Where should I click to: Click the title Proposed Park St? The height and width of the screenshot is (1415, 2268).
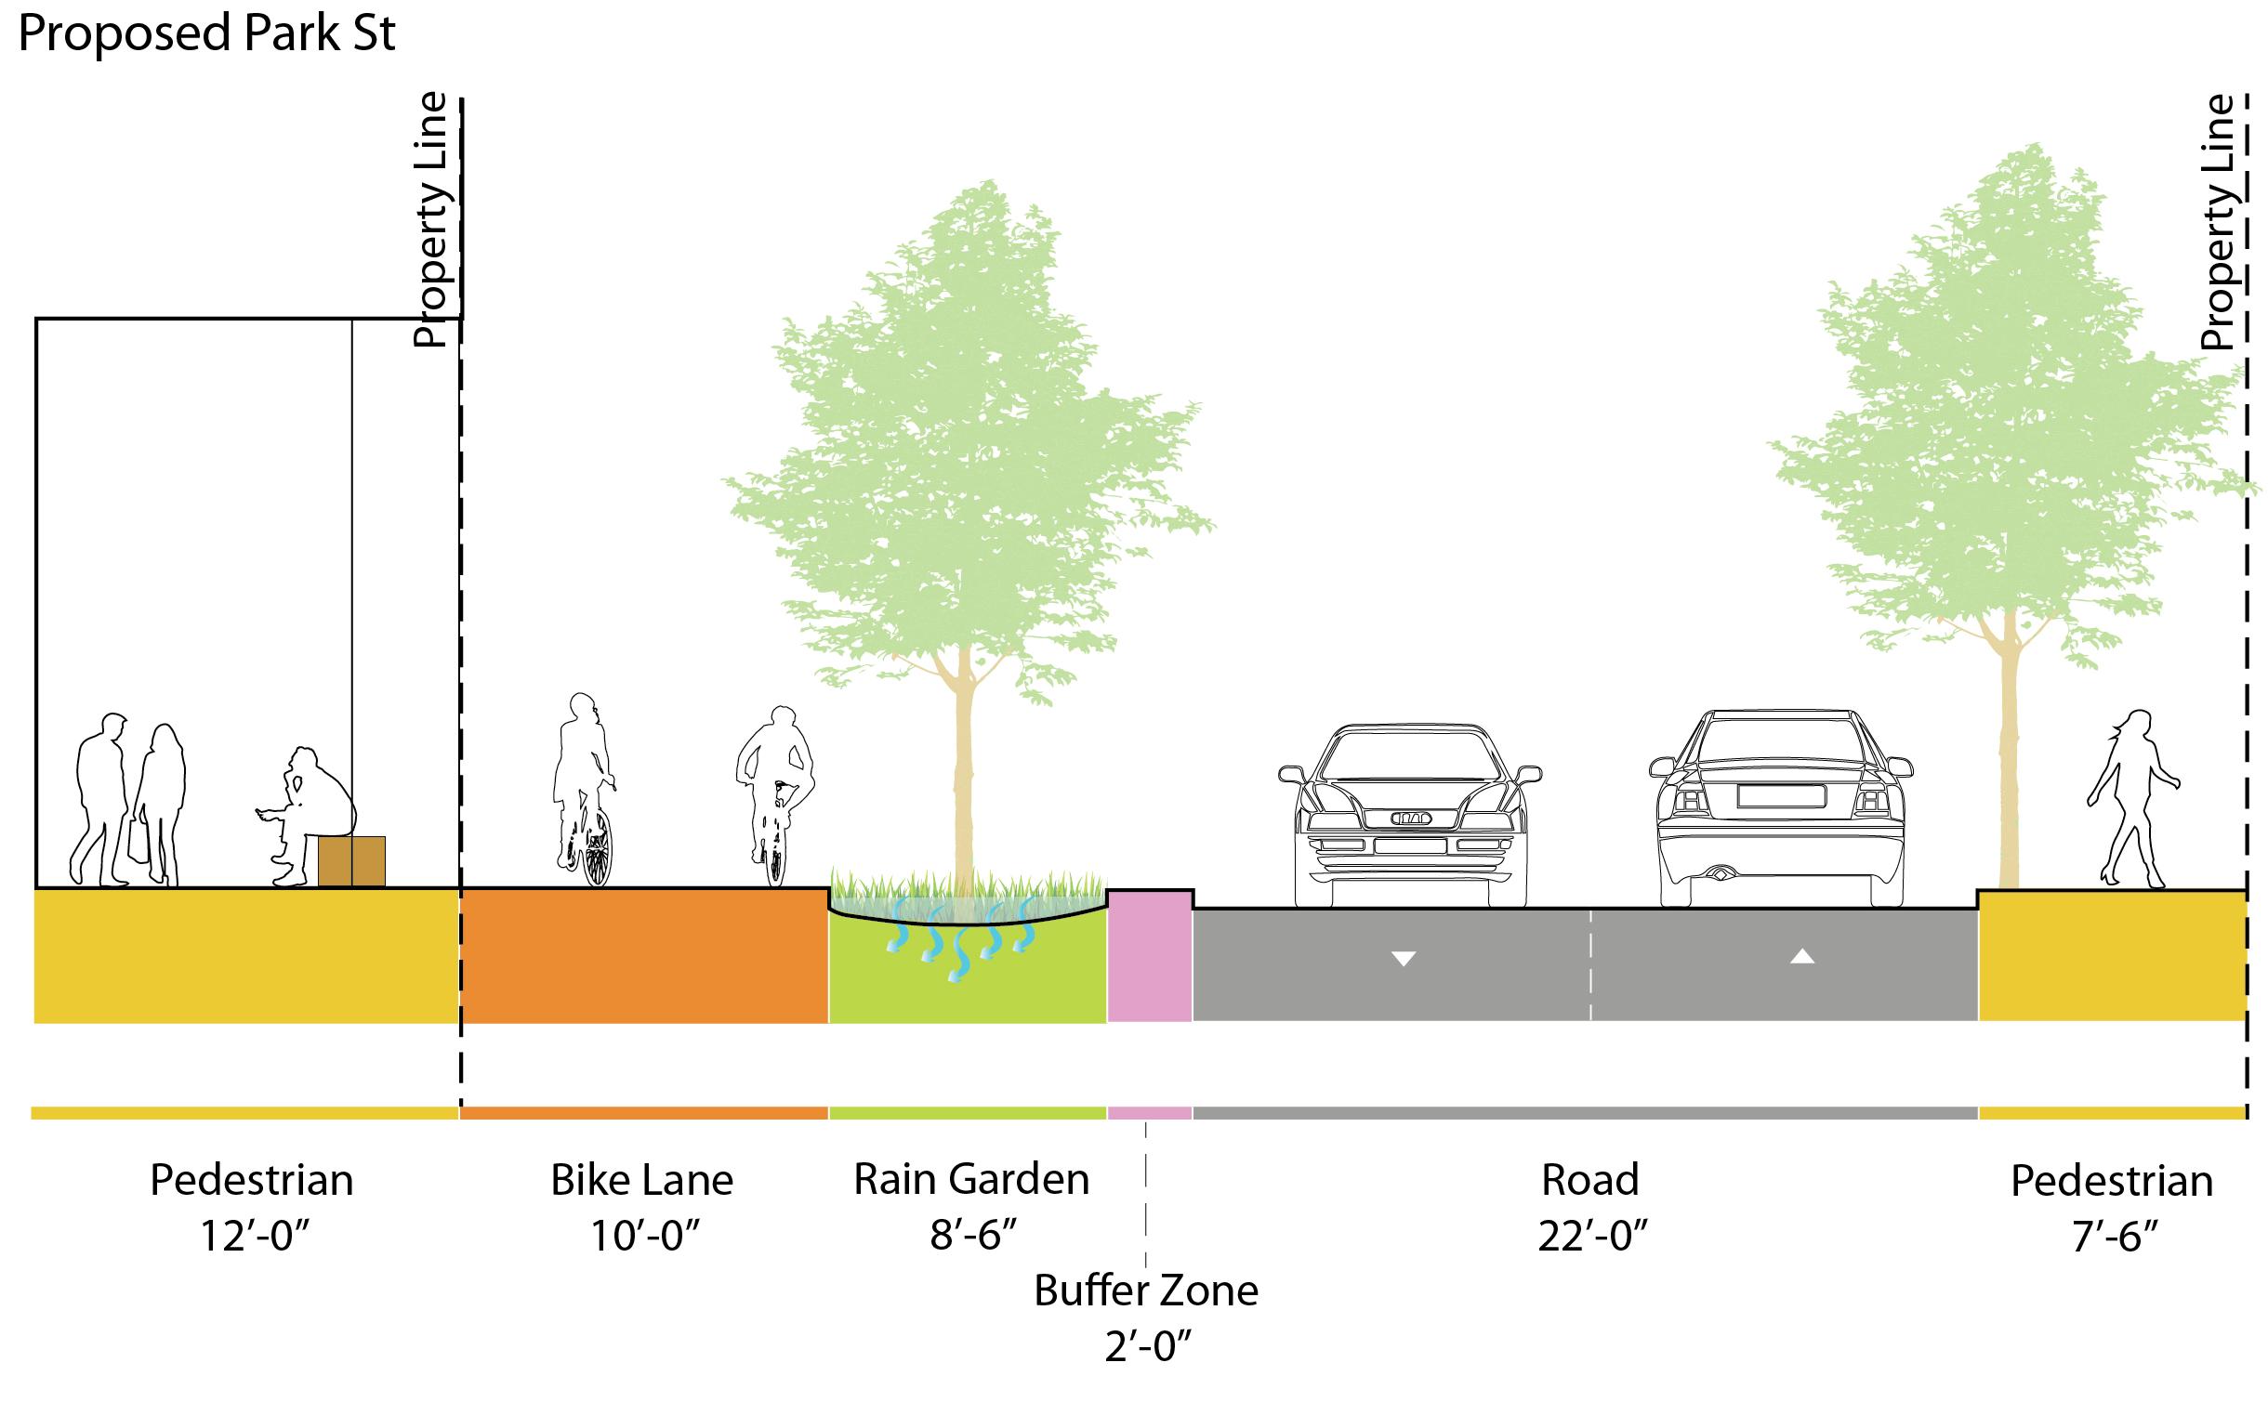(207, 34)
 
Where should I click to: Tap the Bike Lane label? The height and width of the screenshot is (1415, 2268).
(641, 1180)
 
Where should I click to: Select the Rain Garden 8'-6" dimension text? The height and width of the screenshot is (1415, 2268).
(972, 1236)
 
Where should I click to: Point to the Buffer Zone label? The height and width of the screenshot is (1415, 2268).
(1146, 1291)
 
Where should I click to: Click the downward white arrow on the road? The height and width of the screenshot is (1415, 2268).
(1404, 958)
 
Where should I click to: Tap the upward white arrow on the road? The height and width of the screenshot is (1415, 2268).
(1802, 956)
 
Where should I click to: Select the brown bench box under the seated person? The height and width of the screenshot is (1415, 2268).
(351, 860)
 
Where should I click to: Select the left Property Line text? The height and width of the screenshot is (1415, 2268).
(431, 222)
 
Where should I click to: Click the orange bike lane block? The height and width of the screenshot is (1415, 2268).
(644, 954)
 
